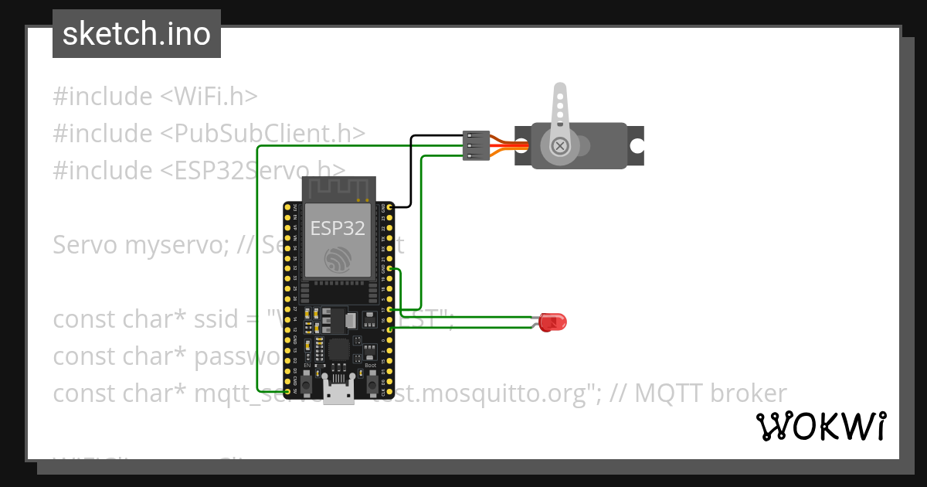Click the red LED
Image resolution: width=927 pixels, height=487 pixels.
[552, 322]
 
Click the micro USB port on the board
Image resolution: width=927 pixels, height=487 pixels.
[339, 396]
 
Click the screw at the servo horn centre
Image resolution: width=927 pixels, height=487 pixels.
[559, 145]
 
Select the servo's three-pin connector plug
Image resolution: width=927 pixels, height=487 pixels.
[476, 145]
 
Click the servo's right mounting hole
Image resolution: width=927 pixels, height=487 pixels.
[636, 145]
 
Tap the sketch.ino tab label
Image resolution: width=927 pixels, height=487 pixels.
[137, 34]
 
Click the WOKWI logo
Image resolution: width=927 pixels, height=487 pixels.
[821, 426]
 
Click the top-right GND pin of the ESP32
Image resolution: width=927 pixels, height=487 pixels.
[392, 207]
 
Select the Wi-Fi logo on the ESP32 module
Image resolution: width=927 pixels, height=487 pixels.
[338, 259]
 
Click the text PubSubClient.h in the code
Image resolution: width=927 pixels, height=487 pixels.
[263, 133]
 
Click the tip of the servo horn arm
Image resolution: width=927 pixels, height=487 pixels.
[559, 92]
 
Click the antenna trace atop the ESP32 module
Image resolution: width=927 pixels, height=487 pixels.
[338, 188]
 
